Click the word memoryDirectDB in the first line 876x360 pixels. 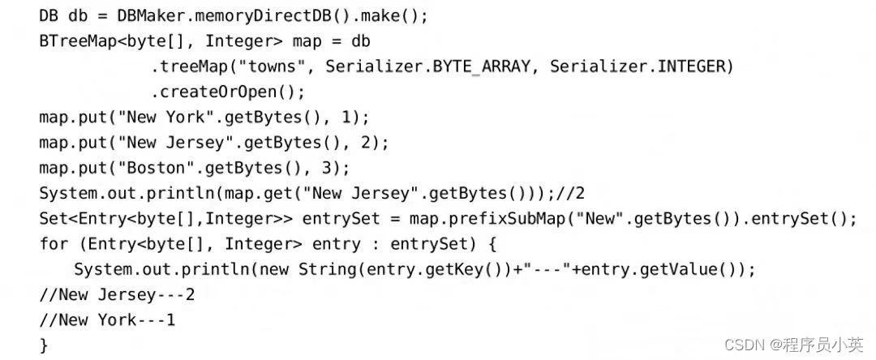tap(219, 15)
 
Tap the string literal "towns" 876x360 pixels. tap(274, 66)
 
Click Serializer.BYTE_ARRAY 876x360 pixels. tap(430, 66)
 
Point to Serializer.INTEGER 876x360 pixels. tap(641, 66)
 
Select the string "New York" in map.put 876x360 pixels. tap(161, 117)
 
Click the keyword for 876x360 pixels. tap(53, 243)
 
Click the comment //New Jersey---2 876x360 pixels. tap(117, 294)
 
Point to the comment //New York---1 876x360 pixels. tap(108, 319)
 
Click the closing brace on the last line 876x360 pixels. tap(44, 345)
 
